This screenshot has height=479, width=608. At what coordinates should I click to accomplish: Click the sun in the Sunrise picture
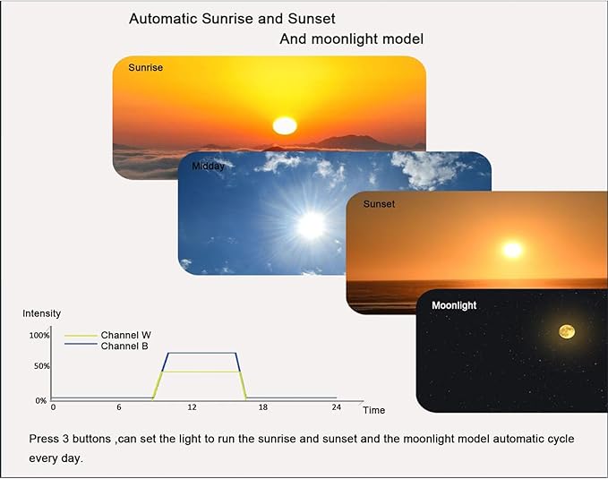284,125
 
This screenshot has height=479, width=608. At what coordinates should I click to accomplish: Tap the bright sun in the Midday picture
311,225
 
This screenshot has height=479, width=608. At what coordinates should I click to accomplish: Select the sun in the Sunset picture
512,250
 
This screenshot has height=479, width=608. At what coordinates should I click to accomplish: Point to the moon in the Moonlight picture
567,332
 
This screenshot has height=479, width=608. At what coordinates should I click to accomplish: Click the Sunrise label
145,67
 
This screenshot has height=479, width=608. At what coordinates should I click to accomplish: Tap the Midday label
208,166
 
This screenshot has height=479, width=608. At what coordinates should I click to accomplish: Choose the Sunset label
379,204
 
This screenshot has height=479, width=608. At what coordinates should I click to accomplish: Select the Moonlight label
454,305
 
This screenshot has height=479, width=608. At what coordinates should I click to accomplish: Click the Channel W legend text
125,335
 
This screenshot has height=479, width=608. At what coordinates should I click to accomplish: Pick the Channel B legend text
124,346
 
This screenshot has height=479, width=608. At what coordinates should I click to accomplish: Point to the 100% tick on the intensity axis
39,336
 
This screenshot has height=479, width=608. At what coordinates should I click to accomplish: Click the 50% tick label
40,366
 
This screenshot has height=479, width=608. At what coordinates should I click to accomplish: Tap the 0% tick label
41,400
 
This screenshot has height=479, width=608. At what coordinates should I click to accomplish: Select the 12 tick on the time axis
192,407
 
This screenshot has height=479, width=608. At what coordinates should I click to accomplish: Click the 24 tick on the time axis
337,407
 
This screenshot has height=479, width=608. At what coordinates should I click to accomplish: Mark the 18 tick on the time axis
263,407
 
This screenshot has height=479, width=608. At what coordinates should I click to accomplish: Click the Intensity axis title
41,313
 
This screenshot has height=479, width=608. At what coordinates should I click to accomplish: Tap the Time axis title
373,410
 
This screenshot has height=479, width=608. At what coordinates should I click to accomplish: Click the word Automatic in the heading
162,18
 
